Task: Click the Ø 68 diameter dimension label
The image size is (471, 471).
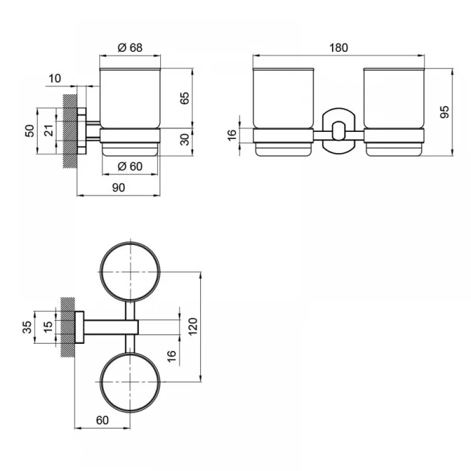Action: [x=130, y=48]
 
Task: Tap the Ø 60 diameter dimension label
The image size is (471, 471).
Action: [x=130, y=166]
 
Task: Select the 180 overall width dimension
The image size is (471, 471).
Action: [x=339, y=48]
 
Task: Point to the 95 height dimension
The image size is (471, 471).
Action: [x=445, y=112]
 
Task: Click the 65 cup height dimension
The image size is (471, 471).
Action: [x=185, y=98]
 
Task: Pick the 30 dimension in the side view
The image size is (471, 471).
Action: [x=185, y=139]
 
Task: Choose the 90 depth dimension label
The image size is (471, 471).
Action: [x=118, y=187]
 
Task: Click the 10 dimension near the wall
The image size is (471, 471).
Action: [x=55, y=78]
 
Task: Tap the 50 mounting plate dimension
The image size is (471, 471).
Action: [x=30, y=130]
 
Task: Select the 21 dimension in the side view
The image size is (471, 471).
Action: [x=49, y=130]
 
